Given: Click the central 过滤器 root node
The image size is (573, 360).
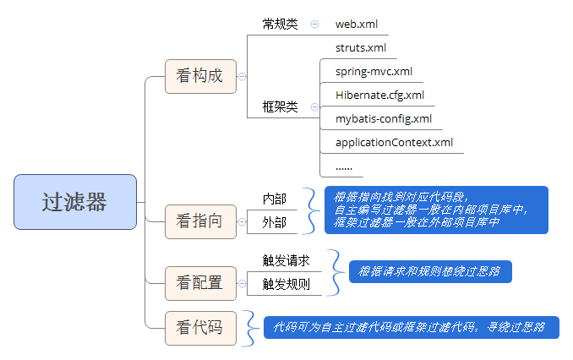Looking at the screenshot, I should click(75, 201).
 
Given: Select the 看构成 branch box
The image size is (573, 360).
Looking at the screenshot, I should click(199, 76).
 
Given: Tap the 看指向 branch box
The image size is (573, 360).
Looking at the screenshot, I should click(199, 221).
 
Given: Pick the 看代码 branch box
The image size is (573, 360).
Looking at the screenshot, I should click(199, 327).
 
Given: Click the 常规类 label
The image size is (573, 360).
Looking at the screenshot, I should click(281, 25).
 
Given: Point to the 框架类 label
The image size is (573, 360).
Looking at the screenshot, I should click(281, 107).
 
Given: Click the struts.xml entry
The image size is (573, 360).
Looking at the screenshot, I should click(361, 48).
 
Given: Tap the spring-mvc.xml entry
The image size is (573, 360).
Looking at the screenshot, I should click(374, 72).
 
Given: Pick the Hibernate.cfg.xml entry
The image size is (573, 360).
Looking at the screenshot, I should click(379, 95).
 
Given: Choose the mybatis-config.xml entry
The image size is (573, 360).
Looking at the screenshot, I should click(383, 118).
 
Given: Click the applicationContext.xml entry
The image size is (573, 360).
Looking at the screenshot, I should click(394, 142).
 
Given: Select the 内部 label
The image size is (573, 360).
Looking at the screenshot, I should click(275, 199).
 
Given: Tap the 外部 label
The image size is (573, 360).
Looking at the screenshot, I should click(275, 222).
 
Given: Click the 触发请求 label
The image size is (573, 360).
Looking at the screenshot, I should click(286, 260).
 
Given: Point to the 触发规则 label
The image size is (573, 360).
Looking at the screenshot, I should click(286, 284).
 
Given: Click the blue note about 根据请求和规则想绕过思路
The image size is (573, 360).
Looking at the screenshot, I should click(430, 271).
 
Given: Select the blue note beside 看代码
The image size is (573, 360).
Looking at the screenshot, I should click(410, 327).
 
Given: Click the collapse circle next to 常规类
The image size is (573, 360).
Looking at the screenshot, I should click(314, 25).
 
